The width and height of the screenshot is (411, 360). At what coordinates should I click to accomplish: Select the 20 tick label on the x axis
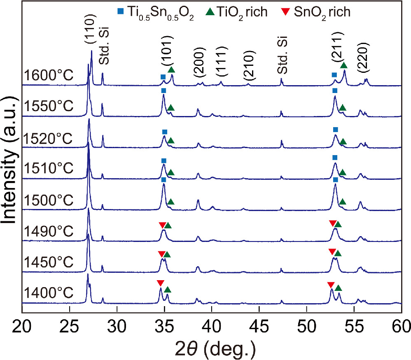[23, 329]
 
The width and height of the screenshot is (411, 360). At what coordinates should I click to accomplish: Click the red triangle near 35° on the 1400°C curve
[160, 283]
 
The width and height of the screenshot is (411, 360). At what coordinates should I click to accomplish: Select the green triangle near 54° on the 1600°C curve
[343, 65]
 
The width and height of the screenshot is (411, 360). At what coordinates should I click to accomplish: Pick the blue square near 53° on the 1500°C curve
[336, 180]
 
